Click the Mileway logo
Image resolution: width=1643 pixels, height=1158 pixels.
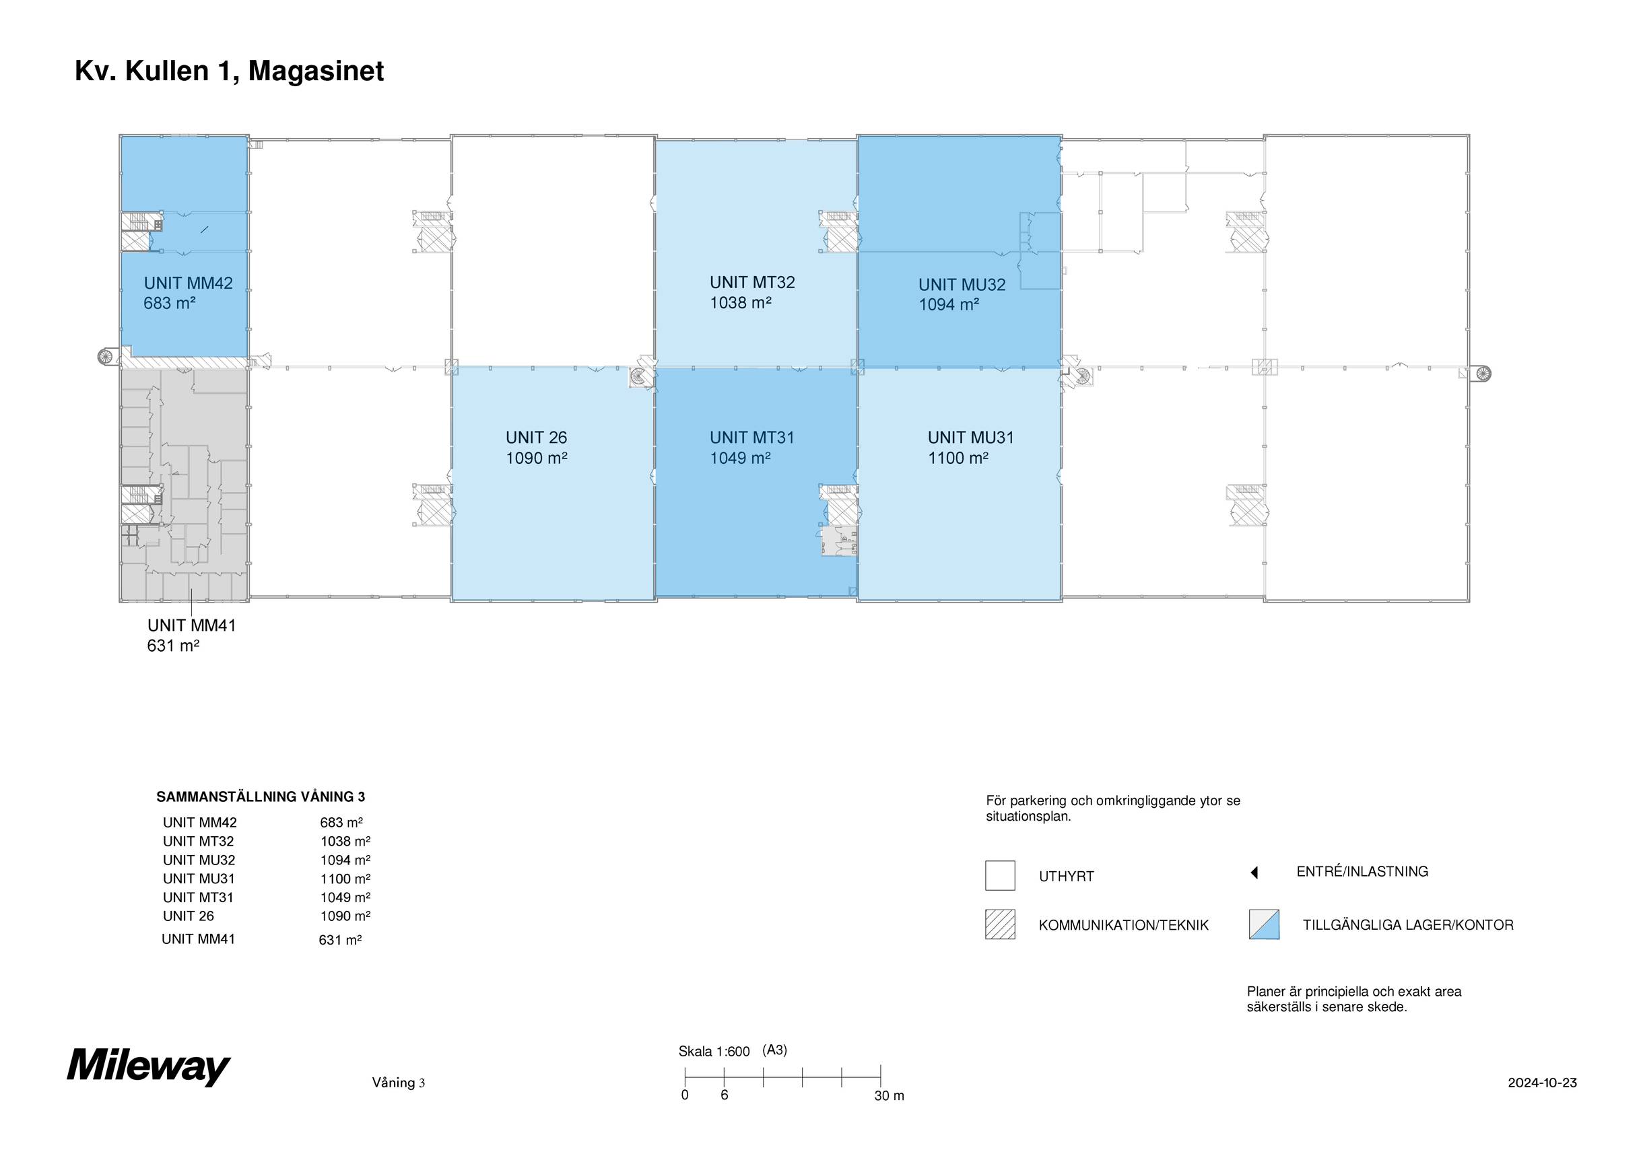(x=149, y=1066)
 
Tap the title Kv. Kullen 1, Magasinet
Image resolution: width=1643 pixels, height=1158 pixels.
(x=229, y=71)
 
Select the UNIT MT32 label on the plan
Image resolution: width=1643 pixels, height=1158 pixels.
(x=752, y=282)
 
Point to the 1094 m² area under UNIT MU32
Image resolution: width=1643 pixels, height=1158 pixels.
(x=949, y=304)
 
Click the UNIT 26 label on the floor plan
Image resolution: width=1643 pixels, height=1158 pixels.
(x=536, y=438)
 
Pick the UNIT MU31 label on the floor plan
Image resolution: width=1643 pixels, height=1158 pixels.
(x=970, y=438)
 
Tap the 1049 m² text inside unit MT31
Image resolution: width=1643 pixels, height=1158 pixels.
(x=740, y=458)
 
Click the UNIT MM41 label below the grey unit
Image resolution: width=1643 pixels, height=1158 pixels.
(x=191, y=625)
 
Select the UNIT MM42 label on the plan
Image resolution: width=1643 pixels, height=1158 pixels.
(x=188, y=283)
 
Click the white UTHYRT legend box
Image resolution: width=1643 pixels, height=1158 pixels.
(x=1000, y=875)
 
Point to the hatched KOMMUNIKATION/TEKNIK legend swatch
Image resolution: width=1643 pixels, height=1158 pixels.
(x=1000, y=924)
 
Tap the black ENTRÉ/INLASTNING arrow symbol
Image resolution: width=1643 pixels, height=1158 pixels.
(x=1254, y=873)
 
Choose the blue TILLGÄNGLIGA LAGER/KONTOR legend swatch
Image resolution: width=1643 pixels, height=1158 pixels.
(x=1264, y=924)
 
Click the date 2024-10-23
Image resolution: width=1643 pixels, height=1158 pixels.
(x=1542, y=1083)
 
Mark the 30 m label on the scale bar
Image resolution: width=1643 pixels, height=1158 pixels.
(x=889, y=1096)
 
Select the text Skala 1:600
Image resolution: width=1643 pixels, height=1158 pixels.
(x=714, y=1052)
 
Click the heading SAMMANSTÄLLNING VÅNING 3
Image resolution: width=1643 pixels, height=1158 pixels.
(x=261, y=796)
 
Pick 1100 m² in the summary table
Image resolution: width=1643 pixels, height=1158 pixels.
(x=345, y=879)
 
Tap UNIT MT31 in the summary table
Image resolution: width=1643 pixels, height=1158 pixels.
(x=198, y=897)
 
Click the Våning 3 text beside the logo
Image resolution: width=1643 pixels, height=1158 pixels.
(x=398, y=1083)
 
